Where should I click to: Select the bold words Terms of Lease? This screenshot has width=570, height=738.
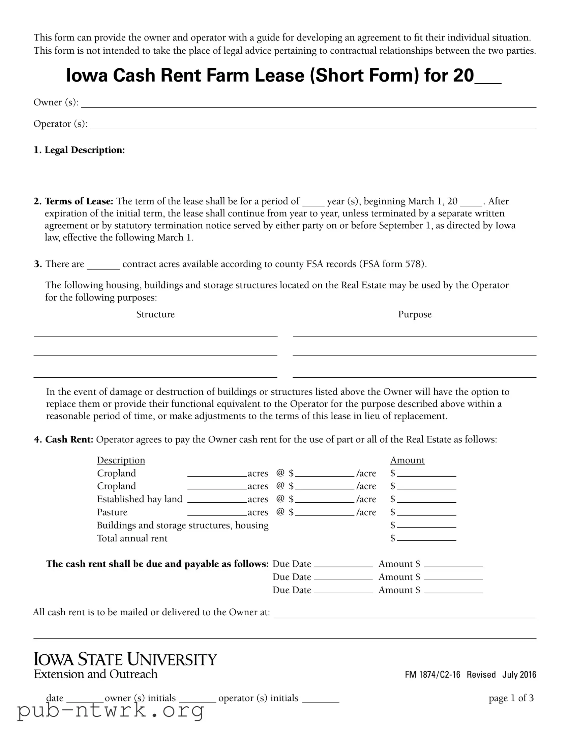[x=79, y=201]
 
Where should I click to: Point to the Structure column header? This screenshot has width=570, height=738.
[x=155, y=315]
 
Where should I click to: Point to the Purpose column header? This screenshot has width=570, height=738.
[x=415, y=315]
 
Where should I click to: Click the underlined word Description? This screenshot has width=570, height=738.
[x=121, y=460]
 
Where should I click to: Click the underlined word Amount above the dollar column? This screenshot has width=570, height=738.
[x=407, y=460]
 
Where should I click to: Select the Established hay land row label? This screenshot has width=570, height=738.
[x=140, y=499]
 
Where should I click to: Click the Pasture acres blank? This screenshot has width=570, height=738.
[x=217, y=513]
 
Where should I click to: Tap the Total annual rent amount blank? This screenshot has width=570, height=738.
[x=426, y=538]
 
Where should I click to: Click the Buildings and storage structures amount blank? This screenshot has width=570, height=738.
[x=426, y=526]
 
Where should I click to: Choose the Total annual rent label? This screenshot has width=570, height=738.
[x=132, y=538]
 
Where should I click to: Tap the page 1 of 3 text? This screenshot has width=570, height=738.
[x=511, y=698]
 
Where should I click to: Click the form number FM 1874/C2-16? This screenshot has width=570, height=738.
[x=432, y=675]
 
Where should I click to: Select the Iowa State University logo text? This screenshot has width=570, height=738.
[x=125, y=660]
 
